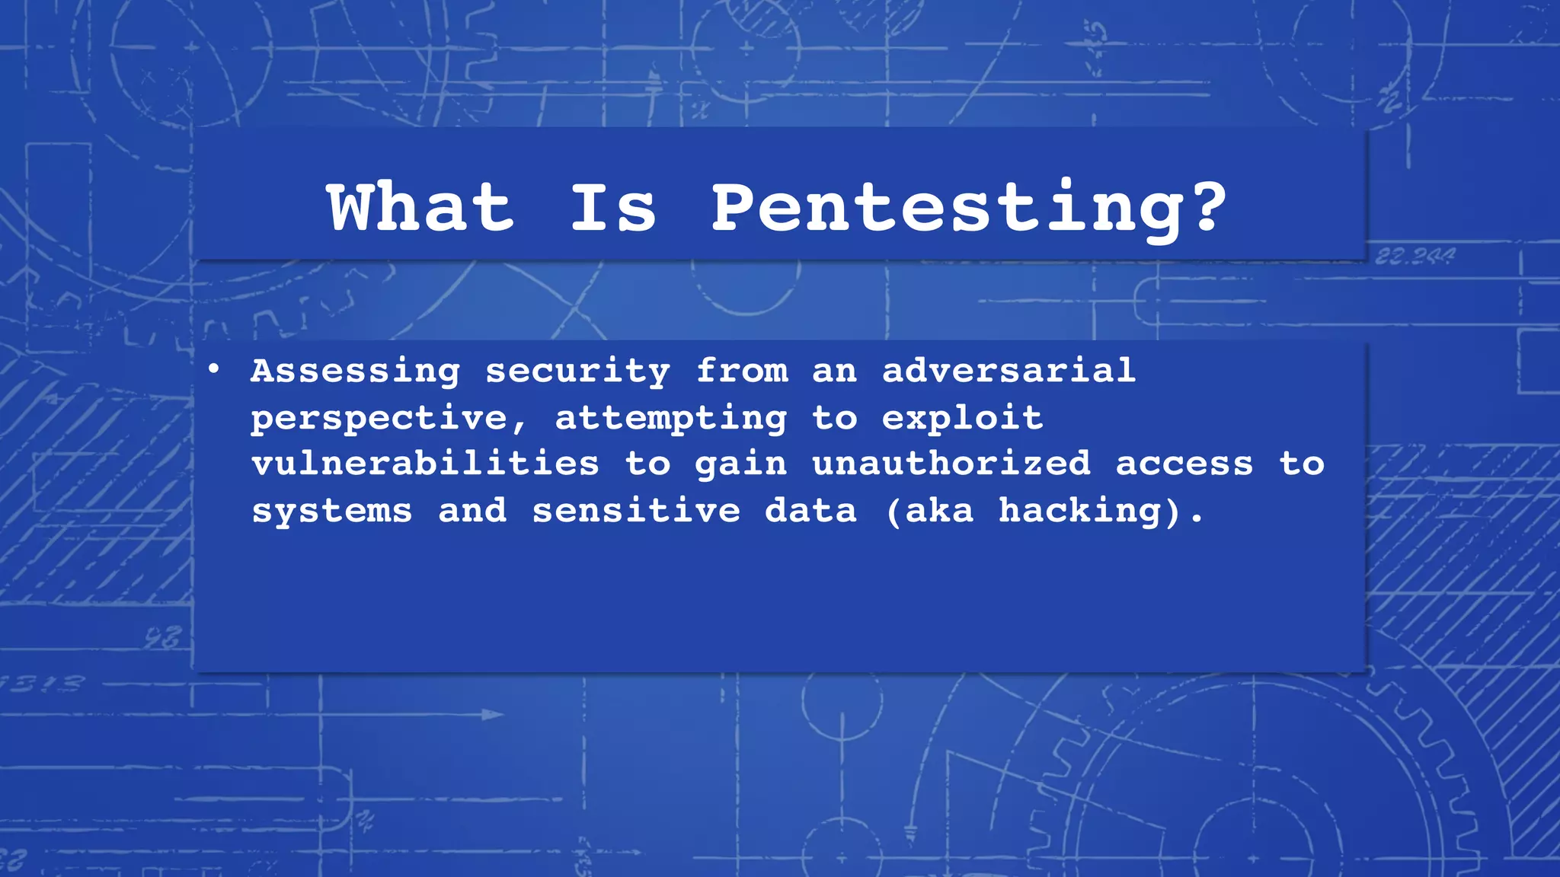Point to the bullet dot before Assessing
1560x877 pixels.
(x=214, y=370)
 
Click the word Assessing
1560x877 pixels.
(x=356, y=372)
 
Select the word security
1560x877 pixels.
(x=577, y=372)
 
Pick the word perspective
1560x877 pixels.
(x=379, y=419)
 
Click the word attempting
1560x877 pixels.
(x=671, y=419)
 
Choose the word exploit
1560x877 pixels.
(x=963, y=417)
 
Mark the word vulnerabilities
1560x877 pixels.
(x=425, y=464)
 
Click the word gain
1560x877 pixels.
(x=740, y=465)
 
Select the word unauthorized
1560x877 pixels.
(x=951, y=464)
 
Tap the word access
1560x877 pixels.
(x=1184, y=464)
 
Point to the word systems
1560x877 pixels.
(x=332, y=511)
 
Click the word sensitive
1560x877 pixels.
(x=636, y=510)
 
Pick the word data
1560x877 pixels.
(x=811, y=510)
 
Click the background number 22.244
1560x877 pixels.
(x=1415, y=257)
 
